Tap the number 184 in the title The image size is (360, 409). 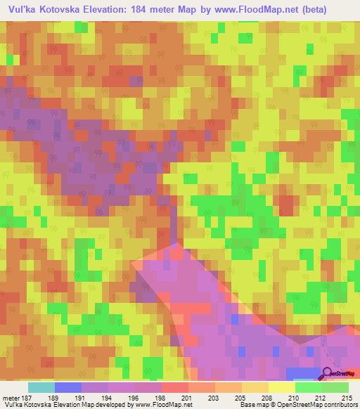[x=157, y=10]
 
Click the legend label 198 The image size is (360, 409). [x=160, y=398]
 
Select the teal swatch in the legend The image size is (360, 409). [x=41, y=387]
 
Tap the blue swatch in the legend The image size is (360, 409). [x=68, y=387]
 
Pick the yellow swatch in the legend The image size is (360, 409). [x=281, y=387]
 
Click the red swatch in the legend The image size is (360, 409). [x=174, y=387]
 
